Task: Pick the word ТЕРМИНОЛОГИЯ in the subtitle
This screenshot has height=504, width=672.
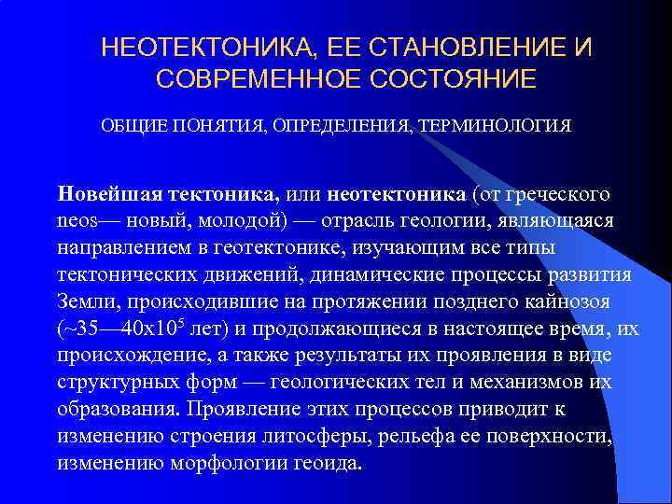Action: (498, 124)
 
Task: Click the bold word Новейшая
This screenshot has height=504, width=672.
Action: (111, 195)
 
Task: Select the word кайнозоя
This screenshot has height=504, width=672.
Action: (574, 302)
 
